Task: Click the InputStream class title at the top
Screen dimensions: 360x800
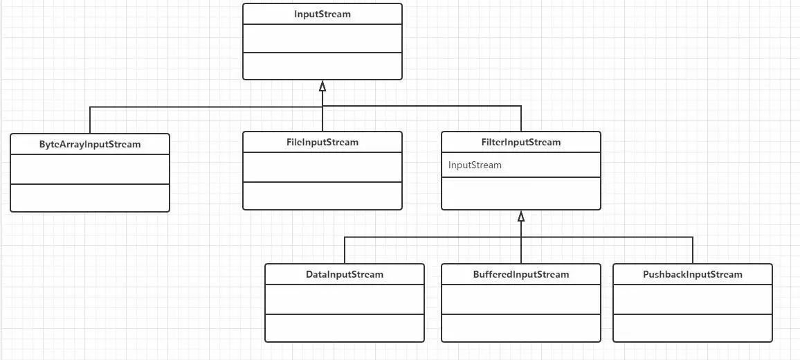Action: pos(322,14)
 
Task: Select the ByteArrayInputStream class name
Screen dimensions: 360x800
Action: pos(90,145)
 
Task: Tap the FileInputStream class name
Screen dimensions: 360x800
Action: pos(322,143)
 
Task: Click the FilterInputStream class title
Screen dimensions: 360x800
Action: pos(521,143)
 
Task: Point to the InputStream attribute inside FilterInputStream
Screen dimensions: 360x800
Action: pos(475,165)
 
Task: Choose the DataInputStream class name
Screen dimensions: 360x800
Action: pos(345,274)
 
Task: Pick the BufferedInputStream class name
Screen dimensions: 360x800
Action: pos(521,274)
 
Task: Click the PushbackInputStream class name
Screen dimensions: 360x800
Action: pos(693,274)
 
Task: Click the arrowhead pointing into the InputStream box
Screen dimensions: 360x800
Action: pos(322,87)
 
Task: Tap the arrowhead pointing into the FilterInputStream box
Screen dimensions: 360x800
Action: pos(521,216)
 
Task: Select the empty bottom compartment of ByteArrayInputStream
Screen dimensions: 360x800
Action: pos(90,197)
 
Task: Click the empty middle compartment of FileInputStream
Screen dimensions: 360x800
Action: pos(322,167)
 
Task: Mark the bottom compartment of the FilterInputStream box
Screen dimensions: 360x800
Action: pos(521,193)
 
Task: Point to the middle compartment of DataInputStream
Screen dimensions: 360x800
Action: pos(345,299)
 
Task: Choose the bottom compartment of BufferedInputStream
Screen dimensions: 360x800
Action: pos(521,327)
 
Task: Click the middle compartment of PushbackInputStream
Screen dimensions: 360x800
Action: pos(693,299)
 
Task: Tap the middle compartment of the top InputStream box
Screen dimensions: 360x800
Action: pos(322,38)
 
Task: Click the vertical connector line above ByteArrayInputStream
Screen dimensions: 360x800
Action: pos(90,120)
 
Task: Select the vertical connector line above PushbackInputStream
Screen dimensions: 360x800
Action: pos(693,250)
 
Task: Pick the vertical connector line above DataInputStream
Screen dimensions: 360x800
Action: pos(345,250)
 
